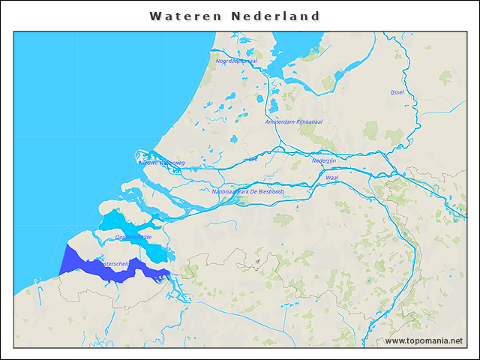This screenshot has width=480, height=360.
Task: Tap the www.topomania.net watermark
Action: (x=424, y=341)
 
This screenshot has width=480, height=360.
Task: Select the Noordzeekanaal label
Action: (x=236, y=61)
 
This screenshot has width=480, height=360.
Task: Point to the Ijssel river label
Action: (x=397, y=92)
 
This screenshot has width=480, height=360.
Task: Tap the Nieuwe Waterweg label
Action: (x=162, y=162)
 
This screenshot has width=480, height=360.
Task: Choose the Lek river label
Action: (x=253, y=159)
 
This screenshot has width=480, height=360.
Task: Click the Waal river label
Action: (x=332, y=178)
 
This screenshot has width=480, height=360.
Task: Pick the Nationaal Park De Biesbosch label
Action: (x=247, y=191)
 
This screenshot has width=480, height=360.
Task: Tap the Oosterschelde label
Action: (x=133, y=237)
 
